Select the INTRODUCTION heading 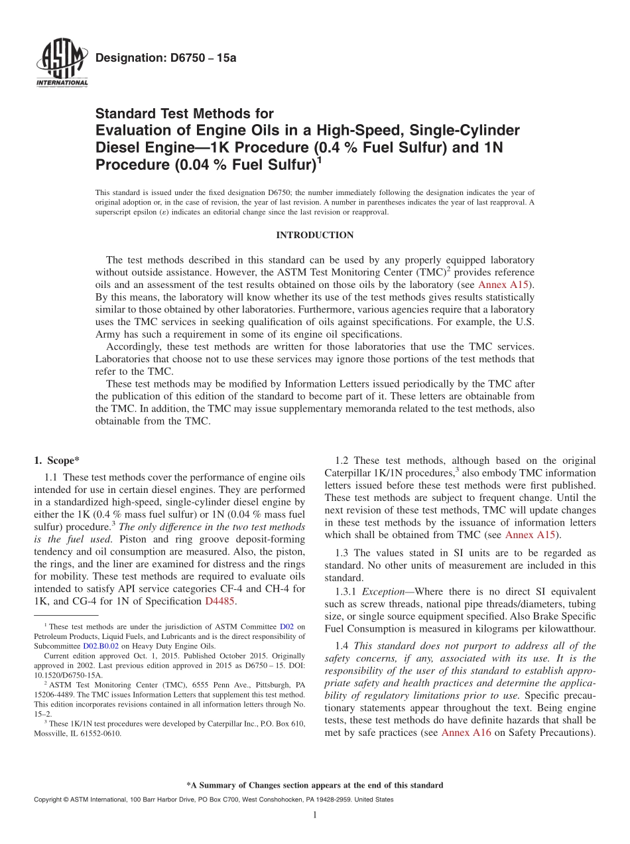click(x=314, y=236)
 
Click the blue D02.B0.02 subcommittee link click(x=101, y=646)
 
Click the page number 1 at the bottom click(x=314, y=815)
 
